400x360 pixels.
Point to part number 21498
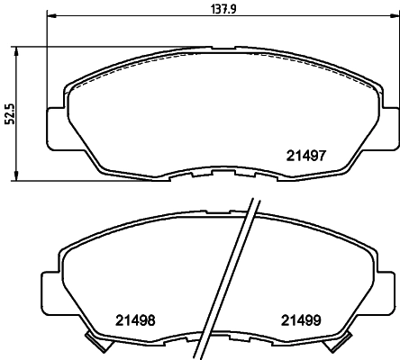pos(134,319)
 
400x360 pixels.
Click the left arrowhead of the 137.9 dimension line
pos(50,16)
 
